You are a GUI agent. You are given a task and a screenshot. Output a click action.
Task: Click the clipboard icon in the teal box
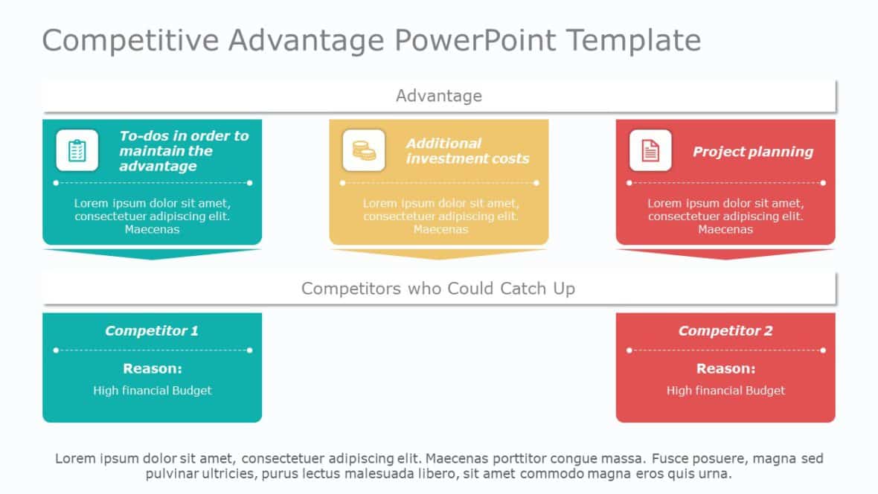(77, 151)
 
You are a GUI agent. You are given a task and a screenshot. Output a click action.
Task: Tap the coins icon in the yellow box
(364, 151)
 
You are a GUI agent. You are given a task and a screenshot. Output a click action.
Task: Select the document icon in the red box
(650, 151)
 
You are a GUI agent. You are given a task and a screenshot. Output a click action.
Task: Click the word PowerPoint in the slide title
(475, 40)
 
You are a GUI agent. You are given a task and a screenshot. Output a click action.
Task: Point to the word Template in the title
(633, 40)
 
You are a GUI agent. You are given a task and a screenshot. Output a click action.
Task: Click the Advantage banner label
(439, 96)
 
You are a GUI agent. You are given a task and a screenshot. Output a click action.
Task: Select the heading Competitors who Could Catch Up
(438, 289)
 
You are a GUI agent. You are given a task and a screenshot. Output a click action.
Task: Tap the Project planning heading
(752, 152)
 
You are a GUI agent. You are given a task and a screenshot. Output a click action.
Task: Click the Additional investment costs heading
(467, 151)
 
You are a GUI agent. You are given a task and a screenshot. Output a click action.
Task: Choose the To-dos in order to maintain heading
(184, 151)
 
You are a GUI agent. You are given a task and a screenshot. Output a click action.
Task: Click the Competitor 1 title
(152, 331)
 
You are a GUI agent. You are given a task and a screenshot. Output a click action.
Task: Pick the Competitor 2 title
(725, 331)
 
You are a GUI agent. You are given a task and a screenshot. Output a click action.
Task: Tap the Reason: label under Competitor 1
(153, 368)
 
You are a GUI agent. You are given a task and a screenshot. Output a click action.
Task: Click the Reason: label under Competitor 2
(725, 368)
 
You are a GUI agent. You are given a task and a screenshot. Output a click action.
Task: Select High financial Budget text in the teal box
(153, 391)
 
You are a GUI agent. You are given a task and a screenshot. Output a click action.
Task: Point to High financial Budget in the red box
(725, 391)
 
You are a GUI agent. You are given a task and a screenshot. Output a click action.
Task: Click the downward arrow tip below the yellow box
(439, 259)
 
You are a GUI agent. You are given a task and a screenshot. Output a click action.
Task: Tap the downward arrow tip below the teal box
(153, 259)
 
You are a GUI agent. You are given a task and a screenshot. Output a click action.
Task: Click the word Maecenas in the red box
(725, 230)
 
